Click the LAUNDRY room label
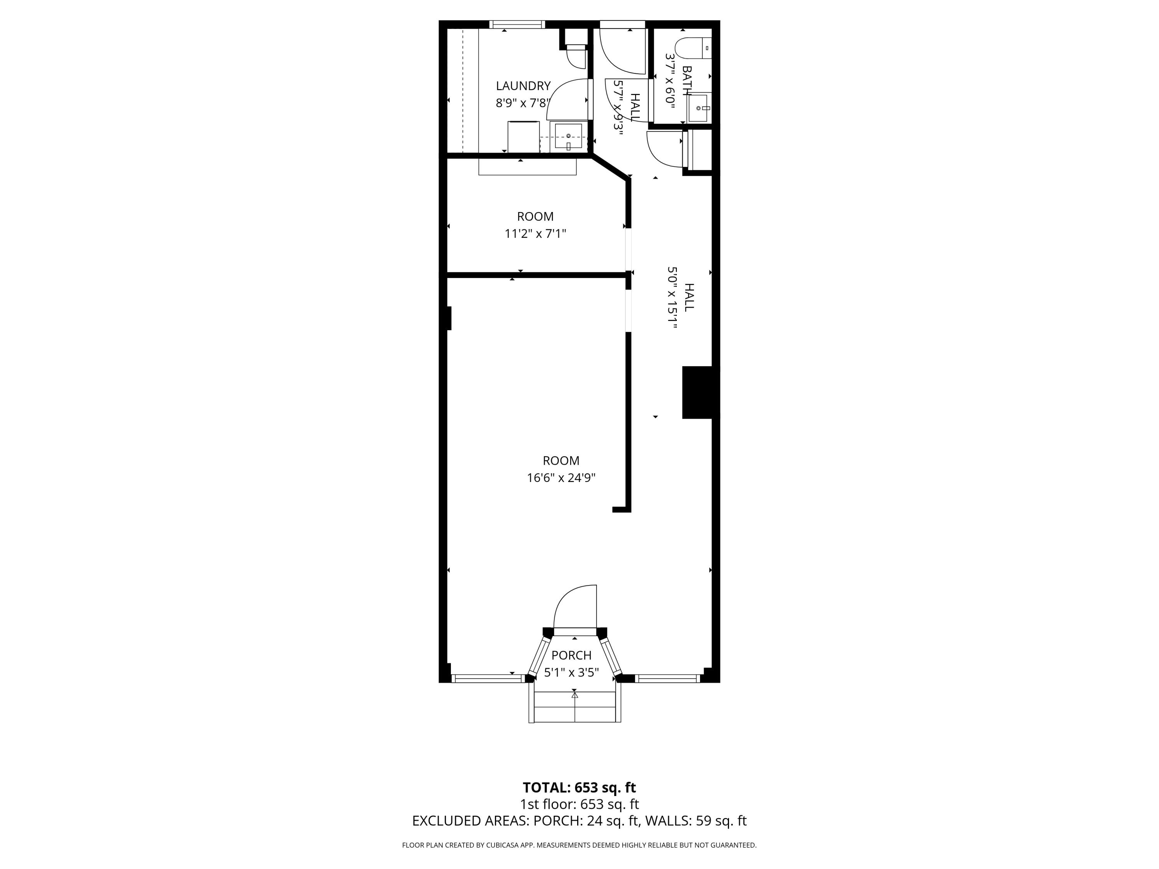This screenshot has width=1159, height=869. tap(523, 86)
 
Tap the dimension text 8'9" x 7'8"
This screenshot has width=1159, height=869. tap(523, 103)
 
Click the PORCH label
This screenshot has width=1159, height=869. tap(571, 655)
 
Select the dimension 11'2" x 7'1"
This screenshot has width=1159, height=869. tap(535, 234)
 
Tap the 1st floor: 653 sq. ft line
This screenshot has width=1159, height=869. tap(579, 804)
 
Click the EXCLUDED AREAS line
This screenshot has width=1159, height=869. tap(579, 821)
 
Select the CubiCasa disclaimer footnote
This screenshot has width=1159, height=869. tap(579, 845)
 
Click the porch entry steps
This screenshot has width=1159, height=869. tap(575, 707)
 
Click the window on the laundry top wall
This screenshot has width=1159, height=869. tap(517, 24)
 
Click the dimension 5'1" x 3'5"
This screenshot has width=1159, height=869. tap(571, 672)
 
